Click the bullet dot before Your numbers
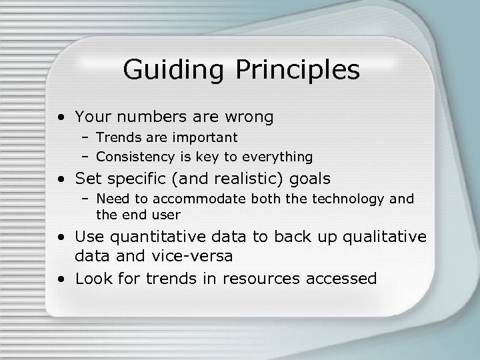61,118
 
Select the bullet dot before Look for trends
61,279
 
